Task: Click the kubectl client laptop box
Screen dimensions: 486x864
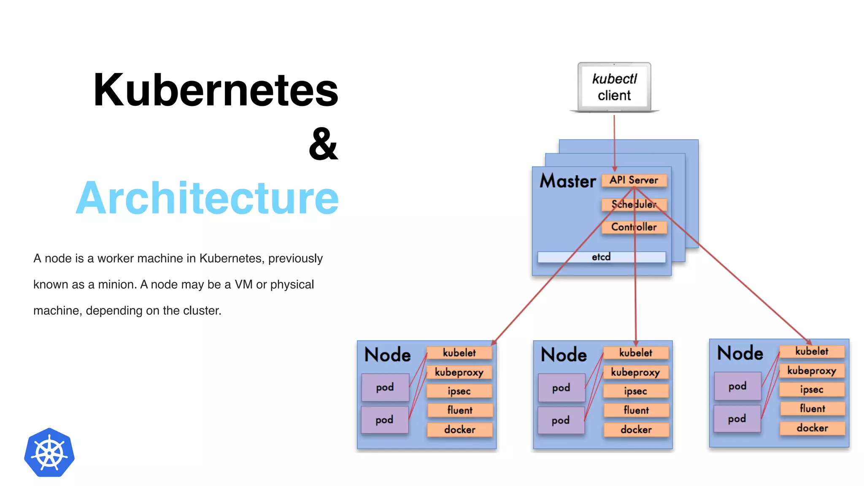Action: click(x=614, y=87)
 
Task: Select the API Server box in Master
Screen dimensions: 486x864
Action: click(x=634, y=180)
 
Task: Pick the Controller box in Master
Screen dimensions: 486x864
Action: click(x=634, y=227)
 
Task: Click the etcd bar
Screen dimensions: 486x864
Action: click(x=601, y=257)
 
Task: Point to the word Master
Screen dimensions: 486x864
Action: click(x=568, y=181)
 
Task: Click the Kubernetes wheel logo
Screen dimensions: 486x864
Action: click(x=49, y=453)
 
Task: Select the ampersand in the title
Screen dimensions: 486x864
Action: click(x=323, y=144)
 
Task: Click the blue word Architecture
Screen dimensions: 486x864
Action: click(x=207, y=198)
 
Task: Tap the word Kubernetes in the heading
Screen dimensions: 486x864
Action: click(x=216, y=90)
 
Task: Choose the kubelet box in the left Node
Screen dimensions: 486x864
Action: click(x=459, y=353)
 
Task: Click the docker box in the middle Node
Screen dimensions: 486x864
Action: click(x=636, y=429)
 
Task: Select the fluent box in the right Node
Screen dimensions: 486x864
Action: click(x=812, y=408)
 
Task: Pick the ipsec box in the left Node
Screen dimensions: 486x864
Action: click(x=459, y=391)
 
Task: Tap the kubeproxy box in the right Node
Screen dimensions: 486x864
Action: click(x=811, y=371)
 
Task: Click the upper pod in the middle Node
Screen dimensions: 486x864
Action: click(x=561, y=388)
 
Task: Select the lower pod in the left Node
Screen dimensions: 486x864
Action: click(x=384, y=420)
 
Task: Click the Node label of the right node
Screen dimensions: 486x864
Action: click(x=740, y=353)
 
